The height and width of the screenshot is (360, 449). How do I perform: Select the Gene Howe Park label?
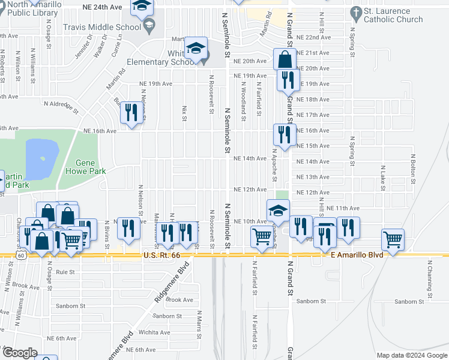(x=90, y=167)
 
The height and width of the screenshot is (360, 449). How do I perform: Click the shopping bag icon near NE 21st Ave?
(x=285, y=59)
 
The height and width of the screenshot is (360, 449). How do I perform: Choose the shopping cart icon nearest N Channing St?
(x=393, y=239)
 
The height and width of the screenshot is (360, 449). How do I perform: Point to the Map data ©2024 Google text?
(x=412, y=355)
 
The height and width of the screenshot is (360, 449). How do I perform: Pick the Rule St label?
(x=64, y=271)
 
